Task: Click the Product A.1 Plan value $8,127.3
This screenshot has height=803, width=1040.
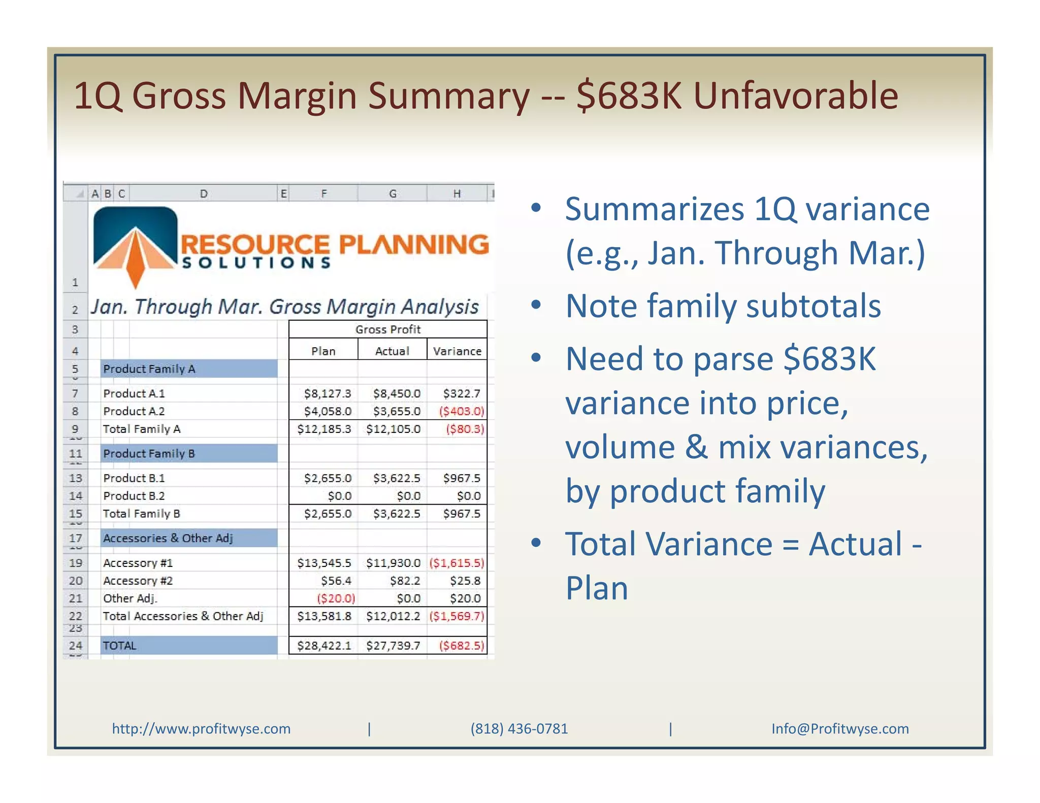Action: (x=327, y=393)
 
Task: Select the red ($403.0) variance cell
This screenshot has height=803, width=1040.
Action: (x=461, y=411)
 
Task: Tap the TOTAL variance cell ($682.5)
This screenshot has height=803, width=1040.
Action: (x=461, y=646)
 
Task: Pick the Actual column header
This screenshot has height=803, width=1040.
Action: (x=392, y=351)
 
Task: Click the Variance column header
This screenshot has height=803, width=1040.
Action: (x=457, y=351)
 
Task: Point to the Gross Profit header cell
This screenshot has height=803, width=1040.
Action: (x=388, y=329)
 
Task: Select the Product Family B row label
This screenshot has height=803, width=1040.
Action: (x=149, y=453)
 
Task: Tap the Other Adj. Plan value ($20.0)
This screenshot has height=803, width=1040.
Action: (x=336, y=598)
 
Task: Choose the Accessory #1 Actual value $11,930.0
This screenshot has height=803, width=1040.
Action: (x=393, y=563)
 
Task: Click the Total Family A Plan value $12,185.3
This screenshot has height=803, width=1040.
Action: (x=324, y=429)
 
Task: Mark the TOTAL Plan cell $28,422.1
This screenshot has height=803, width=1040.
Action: (x=324, y=646)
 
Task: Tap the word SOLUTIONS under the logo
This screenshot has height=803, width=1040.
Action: (x=256, y=263)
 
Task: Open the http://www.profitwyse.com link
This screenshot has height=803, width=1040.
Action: (x=201, y=729)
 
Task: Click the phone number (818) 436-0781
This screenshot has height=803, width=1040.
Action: (x=519, y=729)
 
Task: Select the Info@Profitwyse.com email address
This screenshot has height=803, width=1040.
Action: (x=840, y=729)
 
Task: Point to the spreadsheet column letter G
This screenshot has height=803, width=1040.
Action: (x=393, y=193)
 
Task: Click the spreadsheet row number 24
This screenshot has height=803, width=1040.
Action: (x=75, y=646)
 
